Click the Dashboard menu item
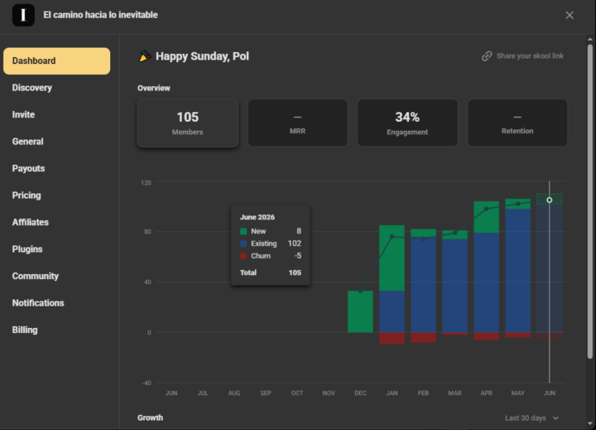click(56, 60)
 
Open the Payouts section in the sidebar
click(28, 168)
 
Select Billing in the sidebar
click(25, 330)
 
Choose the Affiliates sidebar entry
click(31, 222)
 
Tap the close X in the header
click(570, 15)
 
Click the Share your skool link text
click(530, 56)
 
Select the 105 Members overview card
click(188, 123)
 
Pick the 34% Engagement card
click(407, 123)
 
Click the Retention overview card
click(517, 123)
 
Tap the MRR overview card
click(298, 123)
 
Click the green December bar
click(360, 312)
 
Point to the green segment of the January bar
click(392, 258)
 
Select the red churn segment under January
click(392, 338)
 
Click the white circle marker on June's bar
click(550, 200)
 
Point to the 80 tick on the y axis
click(147, 231)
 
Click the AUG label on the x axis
click(234, 393)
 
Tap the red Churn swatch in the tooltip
click(243, 256)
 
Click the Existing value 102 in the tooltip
click(295, 244)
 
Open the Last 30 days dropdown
click(531, 418)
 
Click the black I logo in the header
click(23, 15)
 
